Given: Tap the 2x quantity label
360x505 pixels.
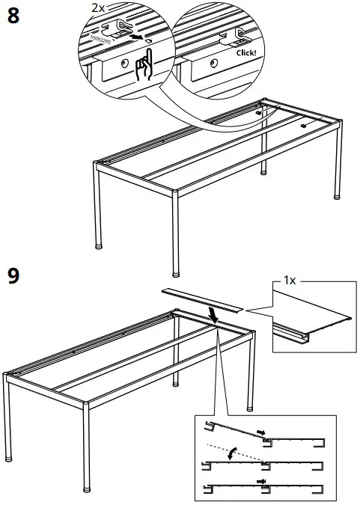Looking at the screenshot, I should [100, 7].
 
